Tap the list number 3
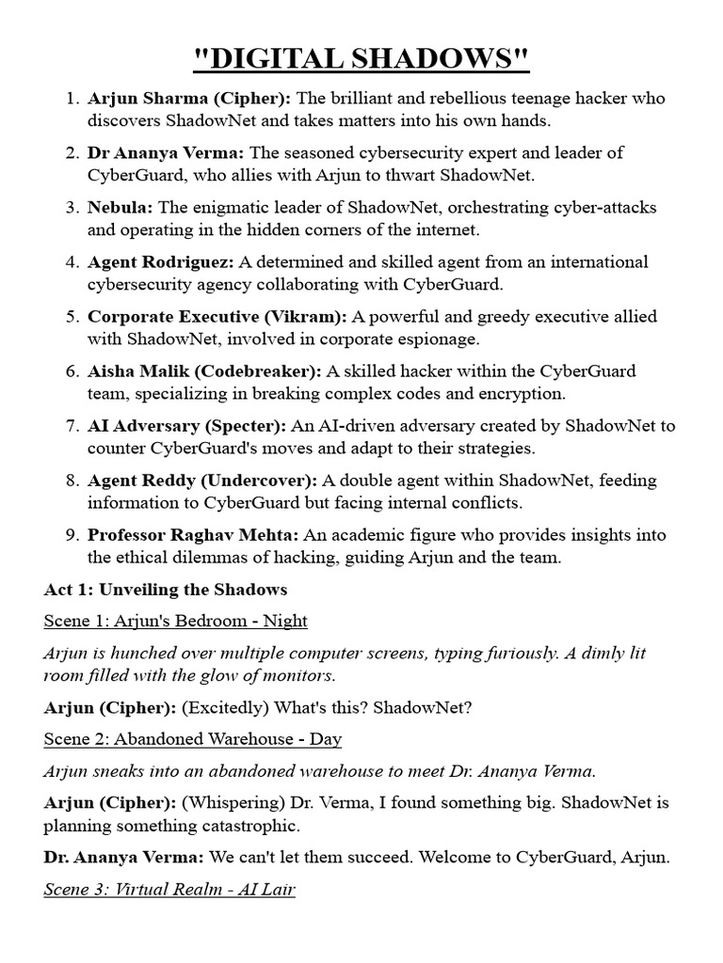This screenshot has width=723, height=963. pos(72,207)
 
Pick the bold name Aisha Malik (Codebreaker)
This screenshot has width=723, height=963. pos(204,371)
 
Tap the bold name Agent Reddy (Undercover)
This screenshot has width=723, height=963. pos(201,480)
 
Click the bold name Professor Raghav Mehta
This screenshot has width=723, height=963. pos(193,534)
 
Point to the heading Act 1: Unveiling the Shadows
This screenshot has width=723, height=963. pos(165,590)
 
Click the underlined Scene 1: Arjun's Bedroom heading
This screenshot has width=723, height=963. pos(175,621)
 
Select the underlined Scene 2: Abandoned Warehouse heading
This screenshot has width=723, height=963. pos(192,739)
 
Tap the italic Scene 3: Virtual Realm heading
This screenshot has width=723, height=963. pos(169,888)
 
